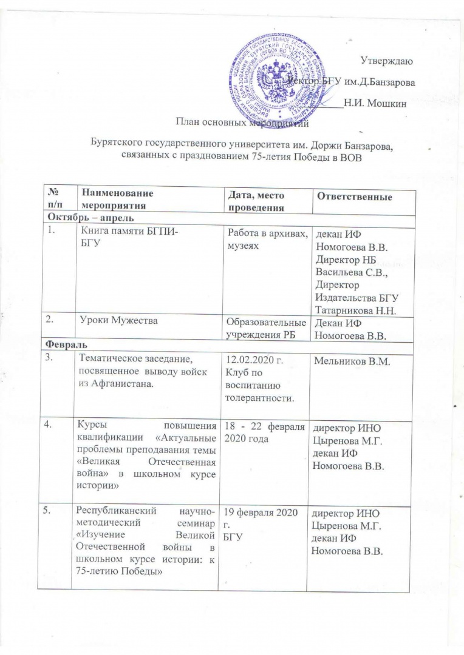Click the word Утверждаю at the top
(x=387, y=61)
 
